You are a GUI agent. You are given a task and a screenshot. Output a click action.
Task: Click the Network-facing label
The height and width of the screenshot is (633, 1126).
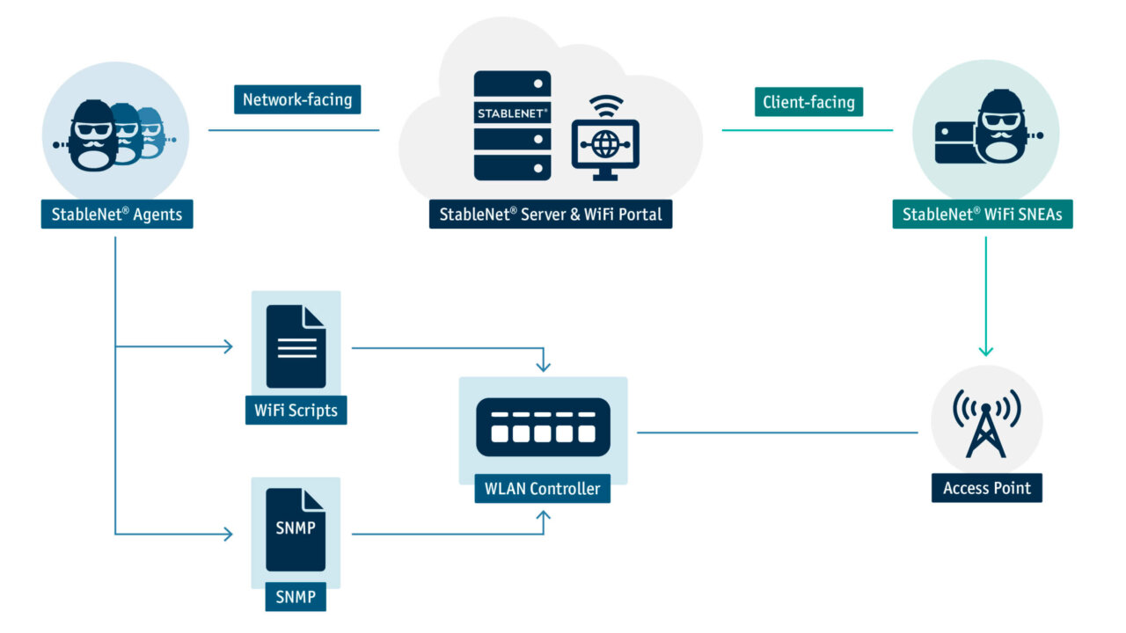(x=297, y=99)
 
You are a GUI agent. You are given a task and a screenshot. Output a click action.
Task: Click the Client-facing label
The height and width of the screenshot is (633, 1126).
(x=808, y=102)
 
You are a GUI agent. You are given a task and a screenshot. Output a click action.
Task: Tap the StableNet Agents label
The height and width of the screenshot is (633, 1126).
(x=116, y=215)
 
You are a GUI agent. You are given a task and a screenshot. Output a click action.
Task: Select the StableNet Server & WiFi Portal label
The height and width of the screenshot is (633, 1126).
(x=550, y=215)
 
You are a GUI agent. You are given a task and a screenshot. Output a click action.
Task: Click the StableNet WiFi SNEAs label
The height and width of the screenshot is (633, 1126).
(x=982, y=215)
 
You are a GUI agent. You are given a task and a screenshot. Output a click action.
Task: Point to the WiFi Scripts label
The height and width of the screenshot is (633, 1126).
(x=296, y=411)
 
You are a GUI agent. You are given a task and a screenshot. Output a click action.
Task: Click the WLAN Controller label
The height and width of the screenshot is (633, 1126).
(x=542, y=489)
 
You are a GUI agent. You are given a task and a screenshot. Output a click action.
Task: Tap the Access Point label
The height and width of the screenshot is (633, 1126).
(x=986, y=488)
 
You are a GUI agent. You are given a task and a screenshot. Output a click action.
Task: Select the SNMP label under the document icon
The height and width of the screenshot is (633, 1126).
(x=296, y=598)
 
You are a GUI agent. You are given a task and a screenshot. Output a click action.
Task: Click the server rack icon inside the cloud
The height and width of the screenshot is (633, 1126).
(x=512, y=125)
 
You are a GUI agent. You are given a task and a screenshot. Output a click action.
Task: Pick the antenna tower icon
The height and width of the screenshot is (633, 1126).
(x=986, y=425)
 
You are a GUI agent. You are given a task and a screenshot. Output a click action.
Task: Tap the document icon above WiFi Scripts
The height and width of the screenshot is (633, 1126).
(x=296, y=346)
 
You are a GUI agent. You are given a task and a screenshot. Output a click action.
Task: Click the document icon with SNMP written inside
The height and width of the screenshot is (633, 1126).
(x=296, y=529)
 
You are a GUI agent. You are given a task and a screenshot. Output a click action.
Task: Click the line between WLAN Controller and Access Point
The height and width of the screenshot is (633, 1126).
(x=779, y=433)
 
